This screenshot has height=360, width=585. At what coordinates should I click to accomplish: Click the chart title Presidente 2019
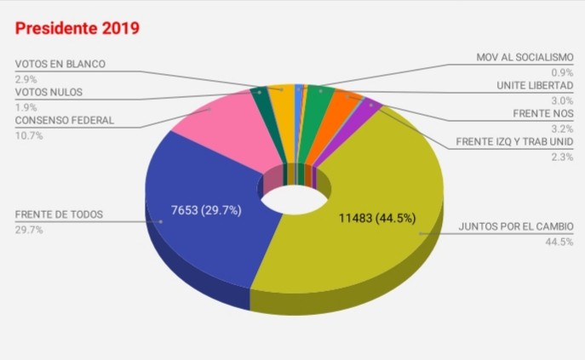[x=77, y=28]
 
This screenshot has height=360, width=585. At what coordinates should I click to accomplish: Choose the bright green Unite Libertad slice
[x=318, y=98]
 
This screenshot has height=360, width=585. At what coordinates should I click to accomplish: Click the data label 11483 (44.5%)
[x=377, y=218]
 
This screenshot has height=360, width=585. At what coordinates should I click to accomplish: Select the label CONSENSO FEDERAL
[x=64, y=120]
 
